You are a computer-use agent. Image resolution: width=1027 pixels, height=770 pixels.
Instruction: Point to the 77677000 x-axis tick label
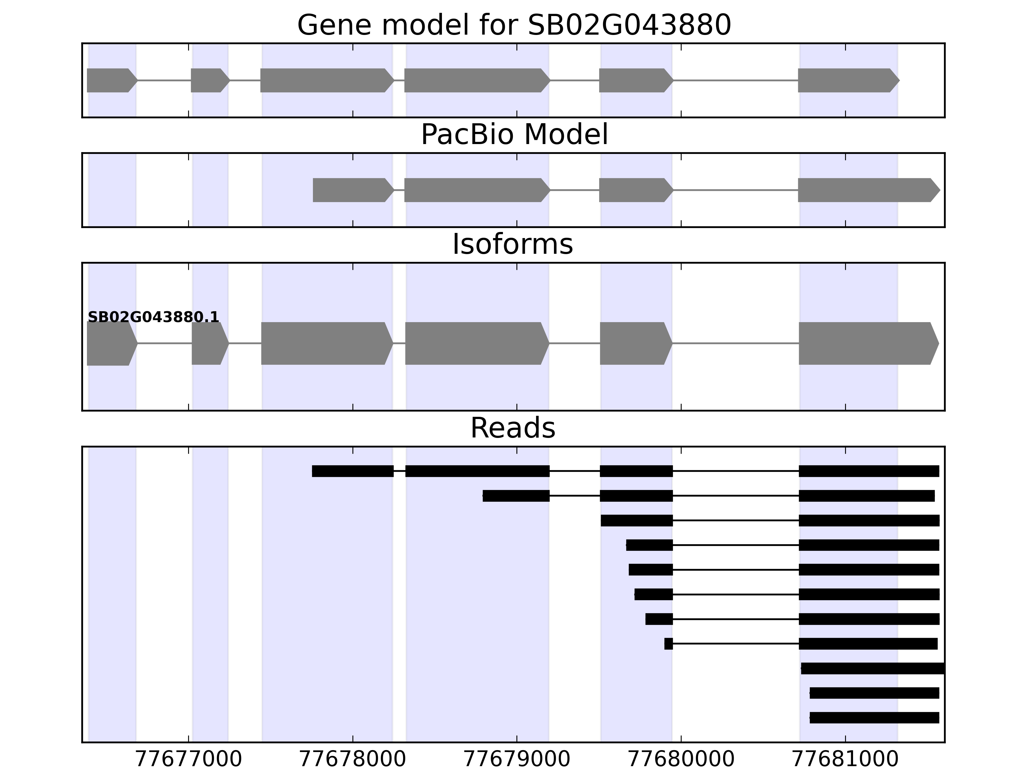tap(188, 759)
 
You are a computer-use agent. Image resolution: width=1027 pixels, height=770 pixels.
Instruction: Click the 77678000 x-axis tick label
tap(352, 759)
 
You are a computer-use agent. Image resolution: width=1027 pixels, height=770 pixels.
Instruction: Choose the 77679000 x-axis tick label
tap(517, 759)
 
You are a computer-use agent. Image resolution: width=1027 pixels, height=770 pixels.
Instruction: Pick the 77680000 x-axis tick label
tap(681, 759)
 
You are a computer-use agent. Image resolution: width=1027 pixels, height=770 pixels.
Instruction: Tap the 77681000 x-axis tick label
tap(845, 759)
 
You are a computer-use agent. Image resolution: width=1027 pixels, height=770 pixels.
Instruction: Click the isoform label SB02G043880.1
tap(153, 318)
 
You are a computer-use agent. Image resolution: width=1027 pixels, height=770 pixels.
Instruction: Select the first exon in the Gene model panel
tap(110, 80)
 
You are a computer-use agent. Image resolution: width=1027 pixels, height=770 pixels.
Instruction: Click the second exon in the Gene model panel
tap(209, 80)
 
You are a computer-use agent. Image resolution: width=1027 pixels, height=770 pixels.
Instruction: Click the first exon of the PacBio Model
tap(352, 190)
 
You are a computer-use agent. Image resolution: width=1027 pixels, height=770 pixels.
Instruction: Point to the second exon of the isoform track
tap(209, 344)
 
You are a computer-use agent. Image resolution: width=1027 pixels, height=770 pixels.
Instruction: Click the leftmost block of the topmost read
tap(353, 471)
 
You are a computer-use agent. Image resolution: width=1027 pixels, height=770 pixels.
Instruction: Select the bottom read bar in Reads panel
tap(874, 718)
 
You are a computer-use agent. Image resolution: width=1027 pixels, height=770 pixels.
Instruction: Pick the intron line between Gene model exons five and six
tap(736, 80)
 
